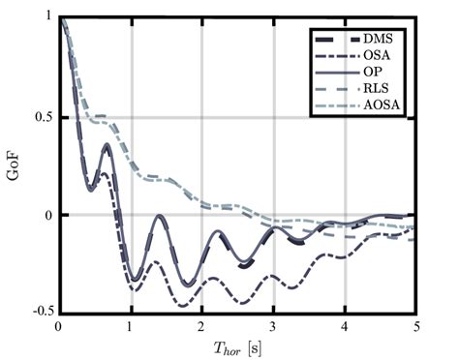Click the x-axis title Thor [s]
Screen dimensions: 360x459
(237, 347)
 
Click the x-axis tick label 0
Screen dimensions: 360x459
(59, 327)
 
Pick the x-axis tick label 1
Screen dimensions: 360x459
(131, 327)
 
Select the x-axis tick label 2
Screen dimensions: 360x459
(201, 327)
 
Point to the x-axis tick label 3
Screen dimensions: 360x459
(273, 327)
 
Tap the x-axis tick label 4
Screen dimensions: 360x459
(344, 327)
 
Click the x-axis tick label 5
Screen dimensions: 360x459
(415, 327)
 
